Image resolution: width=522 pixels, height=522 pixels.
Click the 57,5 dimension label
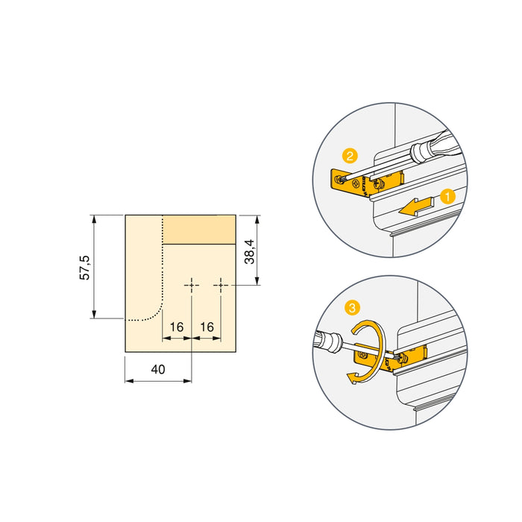click(x=85, y=267)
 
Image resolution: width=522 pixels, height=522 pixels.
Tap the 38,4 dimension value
click(x=250, y=251)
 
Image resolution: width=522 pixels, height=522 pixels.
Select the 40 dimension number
click(x=157, y=368)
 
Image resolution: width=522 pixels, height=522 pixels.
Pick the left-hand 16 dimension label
click(x=177, y=327)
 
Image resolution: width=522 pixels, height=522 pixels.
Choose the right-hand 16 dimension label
click(x=207, y=327)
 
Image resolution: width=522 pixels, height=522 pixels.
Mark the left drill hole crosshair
click(x=192, y=285)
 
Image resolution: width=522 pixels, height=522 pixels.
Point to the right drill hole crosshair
click(x=221, y=285)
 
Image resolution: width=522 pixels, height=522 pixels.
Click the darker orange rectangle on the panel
click(x=199, y=229)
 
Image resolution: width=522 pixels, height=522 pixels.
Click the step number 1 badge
click(x=447, y=198)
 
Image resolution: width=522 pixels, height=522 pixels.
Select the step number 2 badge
click(x=349, y=156)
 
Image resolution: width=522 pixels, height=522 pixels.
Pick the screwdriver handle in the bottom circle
click(x=325, y=340)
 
